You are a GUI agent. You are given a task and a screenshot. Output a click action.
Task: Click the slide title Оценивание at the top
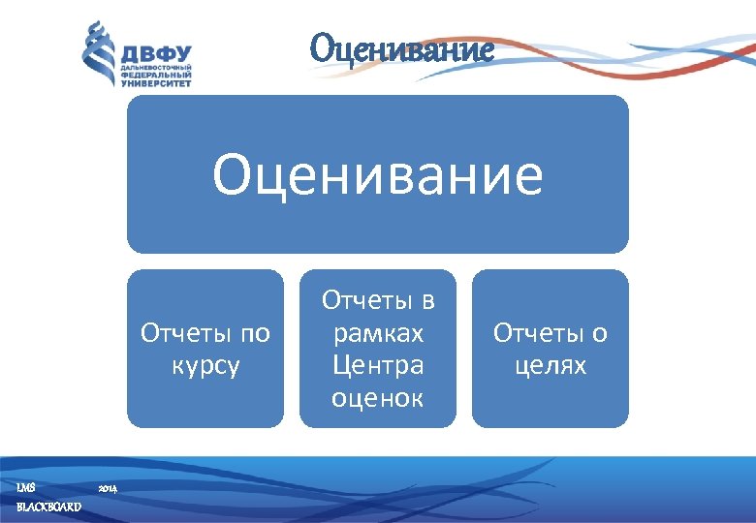(x=402, y=48)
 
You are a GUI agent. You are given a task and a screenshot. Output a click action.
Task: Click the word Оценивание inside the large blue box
(x=378, y=175)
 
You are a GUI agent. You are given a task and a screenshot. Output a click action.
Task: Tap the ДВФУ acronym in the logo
(x=156, y=52)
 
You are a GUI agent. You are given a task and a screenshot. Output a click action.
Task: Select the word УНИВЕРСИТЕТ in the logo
(x=156, y=83)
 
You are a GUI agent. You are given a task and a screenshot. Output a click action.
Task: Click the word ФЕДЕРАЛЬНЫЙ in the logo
(x=156, y=76)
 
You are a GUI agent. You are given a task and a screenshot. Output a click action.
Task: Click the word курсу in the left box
(x=205, y=367)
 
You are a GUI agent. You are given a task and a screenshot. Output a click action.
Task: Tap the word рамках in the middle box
(x=378, y=334)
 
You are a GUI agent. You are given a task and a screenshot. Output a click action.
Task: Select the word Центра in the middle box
(x=378, y=366)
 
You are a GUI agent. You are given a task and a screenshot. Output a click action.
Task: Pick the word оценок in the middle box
(x=378, y=398)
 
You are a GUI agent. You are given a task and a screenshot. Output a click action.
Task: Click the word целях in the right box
(x=551, y=367)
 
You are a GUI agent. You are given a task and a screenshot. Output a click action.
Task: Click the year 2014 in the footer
(x=108, y=488)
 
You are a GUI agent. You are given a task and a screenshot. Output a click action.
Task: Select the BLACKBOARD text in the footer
(x=48, y=508)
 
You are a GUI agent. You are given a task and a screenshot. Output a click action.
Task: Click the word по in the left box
(x=253, y=334)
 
